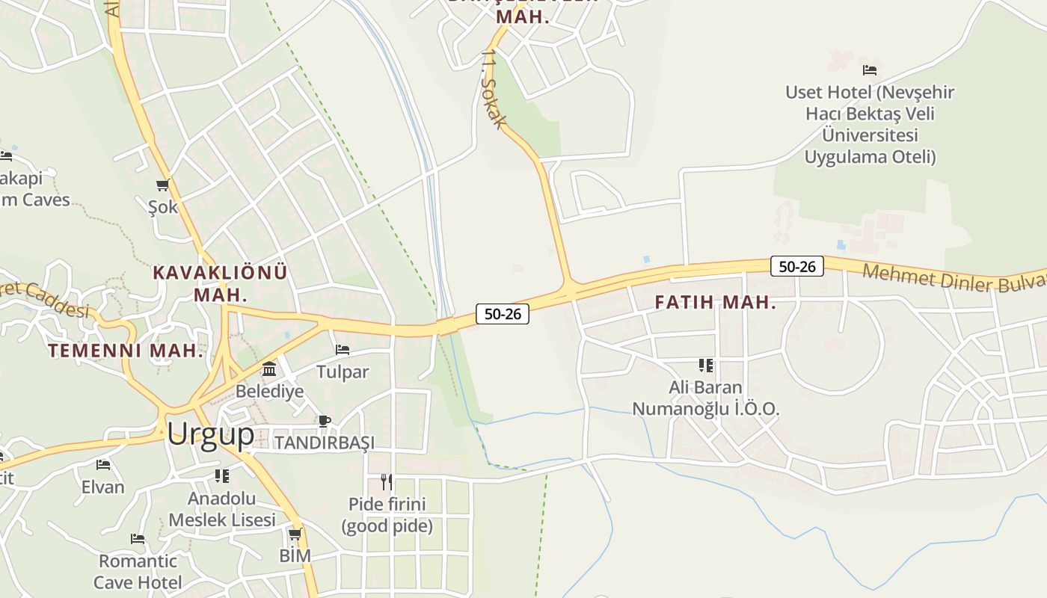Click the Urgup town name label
coord(210,434)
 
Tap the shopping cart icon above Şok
coord(163,185)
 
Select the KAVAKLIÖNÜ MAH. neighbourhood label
coord(220,283)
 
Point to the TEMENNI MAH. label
coord(126,351)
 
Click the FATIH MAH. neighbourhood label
coord(716,303)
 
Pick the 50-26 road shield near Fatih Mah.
coord(796,266)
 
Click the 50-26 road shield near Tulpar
coord(503,314)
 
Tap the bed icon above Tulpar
coord(343,349)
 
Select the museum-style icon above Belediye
coord(269,369)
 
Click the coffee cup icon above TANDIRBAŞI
coord(325,421)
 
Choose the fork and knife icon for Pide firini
coord(387,481)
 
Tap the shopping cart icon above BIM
coord(295,534)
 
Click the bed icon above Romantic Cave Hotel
coord(138,538)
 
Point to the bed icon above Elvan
coord(103,465)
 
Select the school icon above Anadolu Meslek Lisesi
coord(222,475)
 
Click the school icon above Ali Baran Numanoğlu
coord(706,366)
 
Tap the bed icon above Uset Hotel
coord(870,70)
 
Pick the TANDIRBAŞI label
coord(325,443)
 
